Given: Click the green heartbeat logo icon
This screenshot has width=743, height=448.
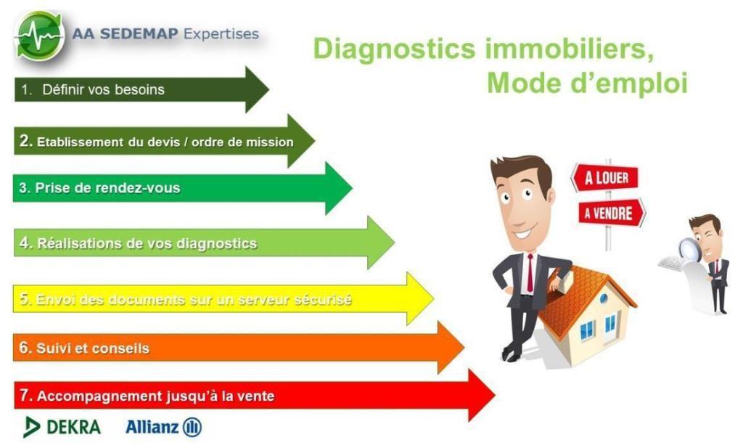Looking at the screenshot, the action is click(x=40, y=36).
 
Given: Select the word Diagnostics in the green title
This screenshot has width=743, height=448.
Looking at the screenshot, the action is click(x=394, y=49).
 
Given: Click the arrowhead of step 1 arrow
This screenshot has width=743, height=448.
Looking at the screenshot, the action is click(x=256, y=89).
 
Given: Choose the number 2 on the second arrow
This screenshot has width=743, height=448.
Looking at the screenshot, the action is click(x=25, y=141).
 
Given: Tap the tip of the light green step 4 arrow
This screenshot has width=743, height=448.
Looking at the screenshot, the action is click(x=394, y=243).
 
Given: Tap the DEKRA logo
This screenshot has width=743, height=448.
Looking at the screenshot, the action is click(x=62, y=427).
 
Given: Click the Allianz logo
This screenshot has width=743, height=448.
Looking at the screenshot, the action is click(x=163, y=427).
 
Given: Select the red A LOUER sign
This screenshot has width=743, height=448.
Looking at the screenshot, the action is click(x=605, y=178).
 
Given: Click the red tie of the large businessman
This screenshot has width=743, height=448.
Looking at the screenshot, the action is click(x=530, y=272).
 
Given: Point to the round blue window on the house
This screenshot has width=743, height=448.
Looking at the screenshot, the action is click(x=604, y=298).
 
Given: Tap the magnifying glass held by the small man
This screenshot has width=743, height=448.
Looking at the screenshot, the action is click(x=690, y=249).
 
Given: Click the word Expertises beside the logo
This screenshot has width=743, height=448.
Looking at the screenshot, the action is click(x=221, y=33).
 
